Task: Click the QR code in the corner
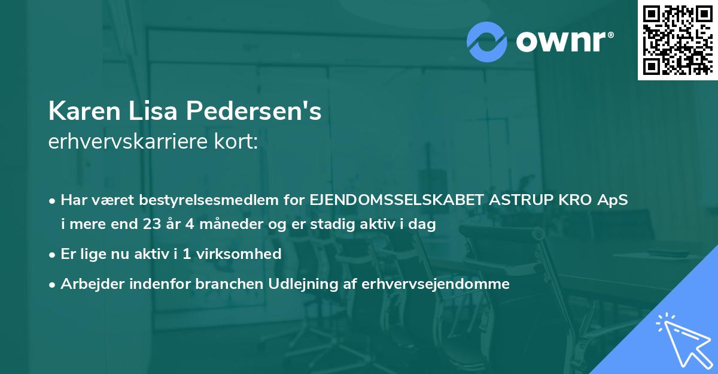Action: click(x=678, y=40)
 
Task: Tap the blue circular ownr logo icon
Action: click(x=487, y=41)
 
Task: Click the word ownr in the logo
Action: click(x=564, y=41)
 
